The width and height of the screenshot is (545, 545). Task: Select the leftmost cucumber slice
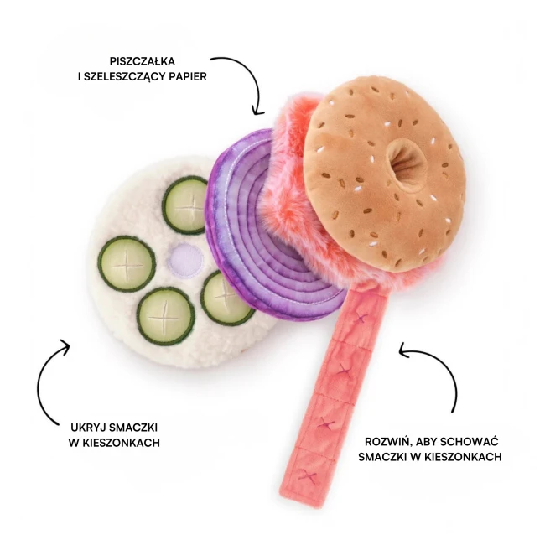(x=127, y=263)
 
